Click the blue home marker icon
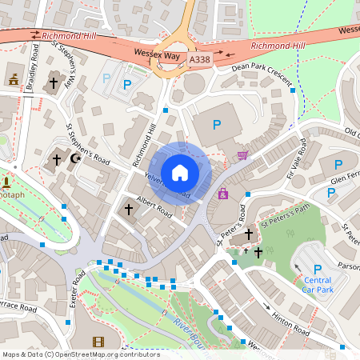pyautogui.click(x=180, y=173)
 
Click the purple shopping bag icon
pyautogui.click(x=222, y=193)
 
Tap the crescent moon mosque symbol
pyautogui.click(x=76, y=159)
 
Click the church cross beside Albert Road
pyautogui.click(x=128, y=210)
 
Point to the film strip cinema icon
pyautogui.click(x=98, y=342)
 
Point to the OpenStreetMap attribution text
pyautogui.click(x=80, y=354)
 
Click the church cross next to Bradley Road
pyautogui.click(x=54, y=82)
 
